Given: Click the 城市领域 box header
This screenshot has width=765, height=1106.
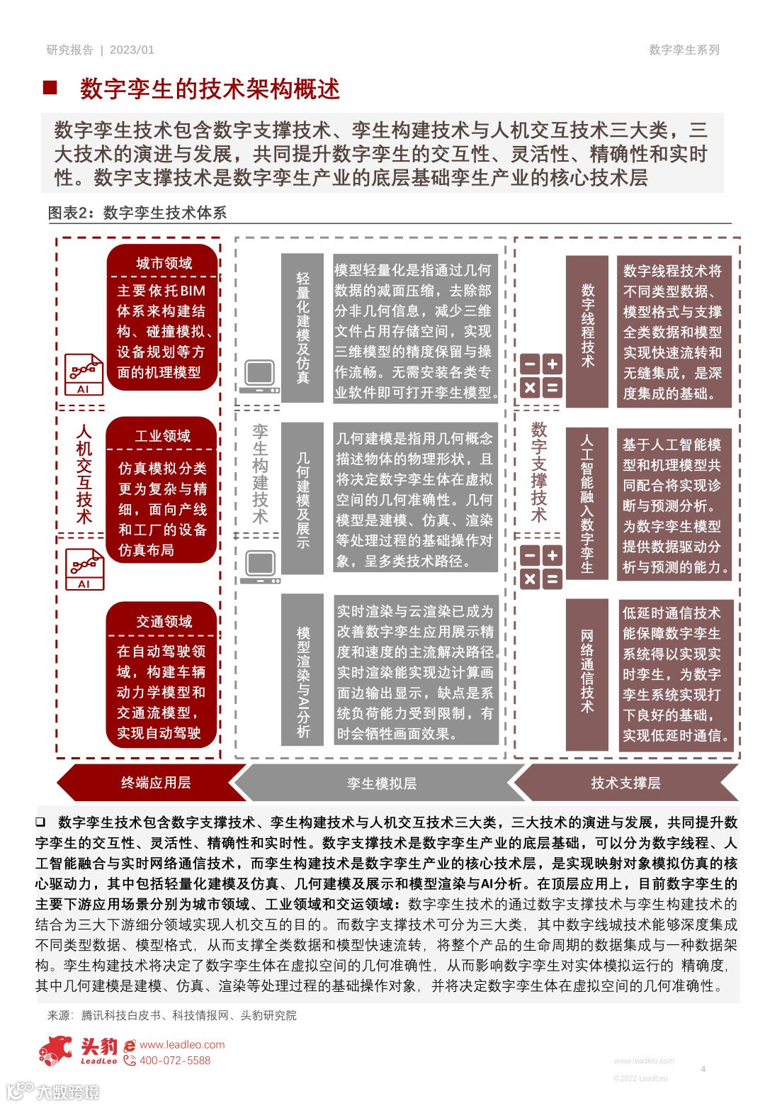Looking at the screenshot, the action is coord(164,263).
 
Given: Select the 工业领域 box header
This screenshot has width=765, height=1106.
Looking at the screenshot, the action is coord(162,435).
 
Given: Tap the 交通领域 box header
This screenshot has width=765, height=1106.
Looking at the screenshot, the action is coord(164,621).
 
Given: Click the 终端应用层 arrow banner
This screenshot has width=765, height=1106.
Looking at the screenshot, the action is coord(155,783).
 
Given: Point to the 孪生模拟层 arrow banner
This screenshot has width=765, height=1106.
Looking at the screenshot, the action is coord(381,783).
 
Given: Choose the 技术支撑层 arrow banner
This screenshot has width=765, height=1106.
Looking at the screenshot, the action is coord(625,783).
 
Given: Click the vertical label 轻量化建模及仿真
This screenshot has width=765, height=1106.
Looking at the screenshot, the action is coord(303,328).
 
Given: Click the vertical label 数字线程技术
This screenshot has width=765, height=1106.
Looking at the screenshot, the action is coord(587,325).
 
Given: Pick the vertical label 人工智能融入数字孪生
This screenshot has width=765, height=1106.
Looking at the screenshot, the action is coord(587,504).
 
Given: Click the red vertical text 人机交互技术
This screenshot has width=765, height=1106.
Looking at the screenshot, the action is coord(84,474).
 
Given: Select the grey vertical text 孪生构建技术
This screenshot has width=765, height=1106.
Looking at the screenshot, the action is coord(260,474).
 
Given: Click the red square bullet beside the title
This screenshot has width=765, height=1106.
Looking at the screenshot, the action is coord(50,87).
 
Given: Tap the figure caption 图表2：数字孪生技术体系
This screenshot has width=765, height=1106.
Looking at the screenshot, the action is coord(137,213).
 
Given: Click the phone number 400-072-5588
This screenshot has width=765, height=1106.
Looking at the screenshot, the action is coord(175,1061).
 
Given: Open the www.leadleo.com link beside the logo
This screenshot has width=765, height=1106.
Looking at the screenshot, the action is coord(182,1044).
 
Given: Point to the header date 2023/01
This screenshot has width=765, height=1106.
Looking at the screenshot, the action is coord(132,50).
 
